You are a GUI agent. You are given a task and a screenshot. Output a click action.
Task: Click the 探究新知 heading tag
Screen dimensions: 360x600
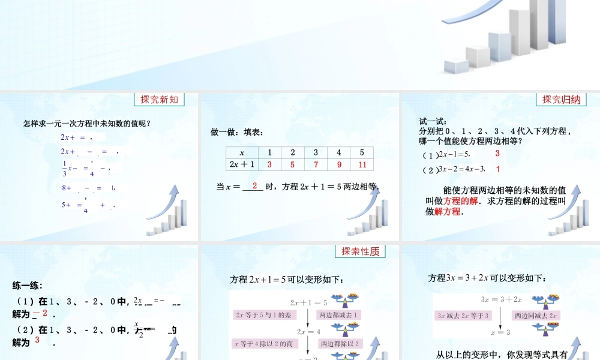[x=159, y=100]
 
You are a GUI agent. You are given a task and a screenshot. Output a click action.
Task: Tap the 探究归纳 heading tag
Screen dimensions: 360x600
[x=561, y=100]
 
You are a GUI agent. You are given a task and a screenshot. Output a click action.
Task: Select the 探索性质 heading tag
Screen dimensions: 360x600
[x=360, y=252]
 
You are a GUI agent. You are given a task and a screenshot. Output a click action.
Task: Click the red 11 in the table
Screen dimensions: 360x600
[x=362, y=164]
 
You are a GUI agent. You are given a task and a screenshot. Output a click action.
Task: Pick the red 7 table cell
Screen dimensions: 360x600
[x=316, y=164]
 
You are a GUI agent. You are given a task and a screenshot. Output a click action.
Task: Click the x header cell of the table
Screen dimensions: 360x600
[x=242, y=152]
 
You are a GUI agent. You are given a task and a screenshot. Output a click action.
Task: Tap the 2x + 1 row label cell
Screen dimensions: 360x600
[x=242, y=164]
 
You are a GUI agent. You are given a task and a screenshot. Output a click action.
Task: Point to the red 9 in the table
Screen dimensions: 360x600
[x=339, y=164]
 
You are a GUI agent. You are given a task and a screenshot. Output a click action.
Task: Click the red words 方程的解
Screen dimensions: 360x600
[x=461, y=201]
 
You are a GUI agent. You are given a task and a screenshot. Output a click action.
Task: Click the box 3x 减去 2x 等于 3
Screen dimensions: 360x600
[x=464, y=315]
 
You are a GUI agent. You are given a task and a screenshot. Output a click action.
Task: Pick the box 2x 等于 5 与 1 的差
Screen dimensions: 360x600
[x=263, y=314]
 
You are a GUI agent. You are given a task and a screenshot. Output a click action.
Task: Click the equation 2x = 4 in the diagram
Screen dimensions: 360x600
[x=308, y=331]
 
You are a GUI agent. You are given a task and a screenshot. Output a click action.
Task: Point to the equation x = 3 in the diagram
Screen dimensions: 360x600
[x=500, y=332]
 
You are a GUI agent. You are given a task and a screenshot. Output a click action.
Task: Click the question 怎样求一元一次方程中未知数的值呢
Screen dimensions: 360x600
[x=86, y=124]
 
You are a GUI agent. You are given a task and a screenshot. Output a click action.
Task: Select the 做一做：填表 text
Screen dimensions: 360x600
[x=236, y=132]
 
